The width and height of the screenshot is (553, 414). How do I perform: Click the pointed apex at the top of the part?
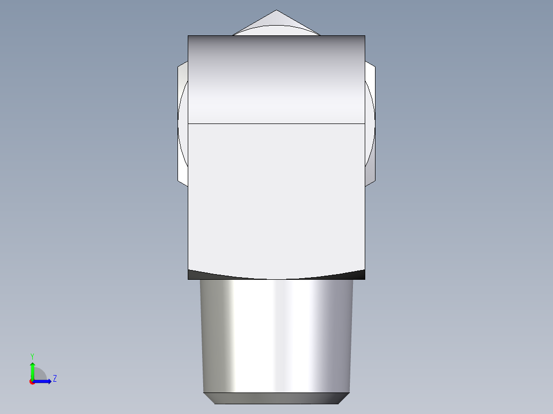[x=276, y=11]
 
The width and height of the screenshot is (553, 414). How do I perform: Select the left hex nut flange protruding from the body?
[x=183, y=123]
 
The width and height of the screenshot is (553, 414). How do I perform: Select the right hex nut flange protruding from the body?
[x=370, y=123]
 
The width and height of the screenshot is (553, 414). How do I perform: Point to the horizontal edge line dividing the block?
[x=276, y=123]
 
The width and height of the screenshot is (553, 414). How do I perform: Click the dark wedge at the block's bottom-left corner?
[x=194, y=275]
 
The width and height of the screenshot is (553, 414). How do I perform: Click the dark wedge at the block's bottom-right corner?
[x=359, y=275]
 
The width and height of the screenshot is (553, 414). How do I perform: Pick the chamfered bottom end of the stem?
[x=276, y=398]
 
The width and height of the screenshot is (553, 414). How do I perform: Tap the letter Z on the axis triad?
[x=54, y=379]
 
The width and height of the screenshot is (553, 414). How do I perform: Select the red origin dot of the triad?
[x=32, y=382]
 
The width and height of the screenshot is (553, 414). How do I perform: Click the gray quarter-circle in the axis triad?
[x=39, y=374]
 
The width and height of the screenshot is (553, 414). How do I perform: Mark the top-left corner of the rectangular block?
[x=188, y=36]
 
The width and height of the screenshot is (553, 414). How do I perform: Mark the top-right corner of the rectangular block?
[x=365, y=36]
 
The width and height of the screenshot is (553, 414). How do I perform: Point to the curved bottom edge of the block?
[x=276, y=279]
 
